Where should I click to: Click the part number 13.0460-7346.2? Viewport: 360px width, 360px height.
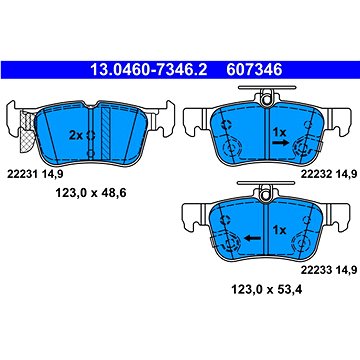149,70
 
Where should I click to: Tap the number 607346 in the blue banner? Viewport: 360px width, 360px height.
254,70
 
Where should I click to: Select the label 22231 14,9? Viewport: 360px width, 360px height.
33,173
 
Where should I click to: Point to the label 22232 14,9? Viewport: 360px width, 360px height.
329,173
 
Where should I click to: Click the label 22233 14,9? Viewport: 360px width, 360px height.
329,270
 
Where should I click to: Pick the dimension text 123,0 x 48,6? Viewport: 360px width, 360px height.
90,193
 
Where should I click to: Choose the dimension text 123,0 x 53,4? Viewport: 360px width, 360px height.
266,290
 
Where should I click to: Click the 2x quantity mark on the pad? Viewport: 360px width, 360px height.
75,135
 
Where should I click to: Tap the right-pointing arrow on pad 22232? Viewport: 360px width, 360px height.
280,143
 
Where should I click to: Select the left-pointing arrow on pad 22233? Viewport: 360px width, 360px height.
252,238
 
